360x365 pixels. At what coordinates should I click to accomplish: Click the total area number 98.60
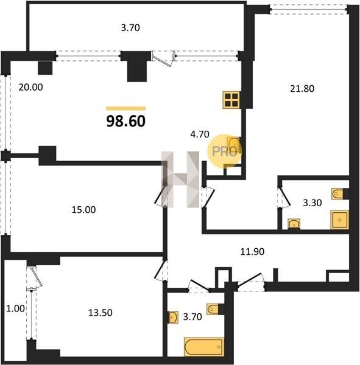tap(126, 121)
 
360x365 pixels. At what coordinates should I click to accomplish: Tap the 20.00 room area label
tap(31, 87)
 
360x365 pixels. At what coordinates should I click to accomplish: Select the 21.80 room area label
tap(302, 89)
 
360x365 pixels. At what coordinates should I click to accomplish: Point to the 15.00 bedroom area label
tap(83, 210)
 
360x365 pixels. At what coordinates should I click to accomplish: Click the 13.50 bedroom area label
tap(101, 313)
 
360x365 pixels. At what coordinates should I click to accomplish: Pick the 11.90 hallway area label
tap(252, 252)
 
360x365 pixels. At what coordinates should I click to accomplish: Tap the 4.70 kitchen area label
tap(200, 134)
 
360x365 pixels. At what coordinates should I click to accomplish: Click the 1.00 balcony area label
tap(15, 308)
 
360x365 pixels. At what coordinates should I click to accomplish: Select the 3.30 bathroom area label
tap(312, 203)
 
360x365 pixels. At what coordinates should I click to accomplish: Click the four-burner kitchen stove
tap(231, 100)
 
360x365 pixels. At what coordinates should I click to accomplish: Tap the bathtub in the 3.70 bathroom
tap(204, 347)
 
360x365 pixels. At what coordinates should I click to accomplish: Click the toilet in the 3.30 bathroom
tap(337, 193)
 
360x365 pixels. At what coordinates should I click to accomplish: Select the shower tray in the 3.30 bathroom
tap(340, 220)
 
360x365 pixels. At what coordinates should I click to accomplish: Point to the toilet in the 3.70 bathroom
tap(213, 309)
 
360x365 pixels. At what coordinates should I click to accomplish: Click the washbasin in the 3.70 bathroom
tap(173, 318)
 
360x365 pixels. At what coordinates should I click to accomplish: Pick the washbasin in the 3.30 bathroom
tap(294, 224)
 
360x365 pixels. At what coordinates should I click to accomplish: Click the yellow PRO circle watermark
tap(224, 151)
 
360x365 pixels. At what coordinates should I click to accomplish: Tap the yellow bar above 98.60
tap(126, 108)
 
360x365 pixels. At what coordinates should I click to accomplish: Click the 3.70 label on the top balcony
tap(130, 28)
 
